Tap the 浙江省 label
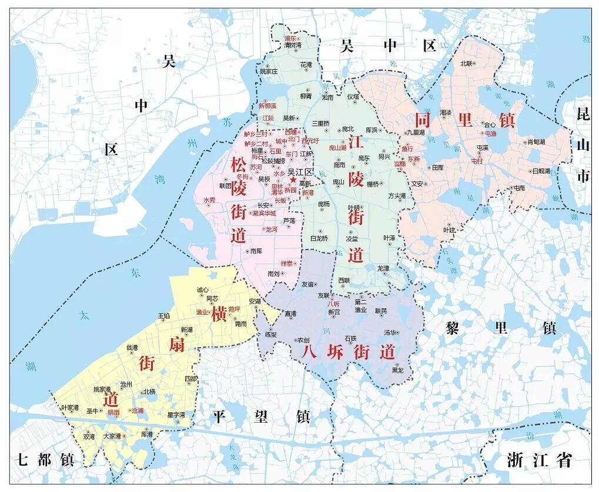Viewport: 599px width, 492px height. pos(539,460)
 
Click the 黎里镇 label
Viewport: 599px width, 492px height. pos(500,328)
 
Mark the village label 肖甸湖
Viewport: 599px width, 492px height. pos(536,141)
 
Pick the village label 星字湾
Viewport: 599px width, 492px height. pos(176,415)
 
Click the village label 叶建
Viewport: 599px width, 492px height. pos(449,230)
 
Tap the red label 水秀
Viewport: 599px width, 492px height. pos(209,200)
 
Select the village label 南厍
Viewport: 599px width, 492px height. pos(256,251)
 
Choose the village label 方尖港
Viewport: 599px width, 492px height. pos(397,196)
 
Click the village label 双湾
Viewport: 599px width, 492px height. pos(89,436)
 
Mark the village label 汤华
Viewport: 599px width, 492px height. pos(390,332)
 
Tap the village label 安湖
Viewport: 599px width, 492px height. pos(255,301)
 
